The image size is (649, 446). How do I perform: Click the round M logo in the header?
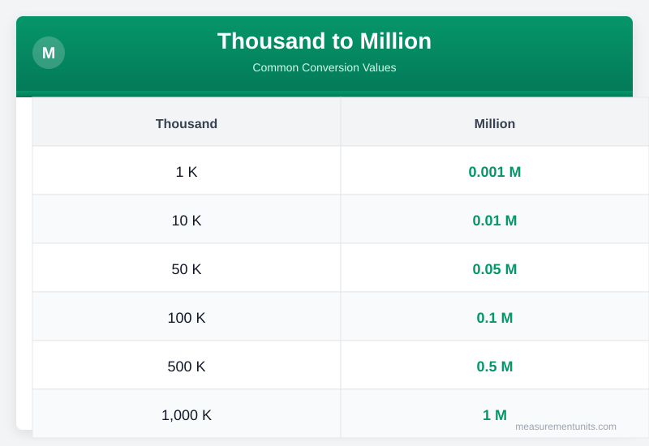pyautogui.click(x=49, y=53)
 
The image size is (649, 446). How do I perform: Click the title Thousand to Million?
pyautogui.click(x=324, y=41)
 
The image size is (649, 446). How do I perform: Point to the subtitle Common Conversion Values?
pyautogui.click(x=324, y=67)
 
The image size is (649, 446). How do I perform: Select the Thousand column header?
pyautogui.click(x=187, y=123)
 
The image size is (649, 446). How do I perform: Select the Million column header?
pyautogui.click(x=495, y=123)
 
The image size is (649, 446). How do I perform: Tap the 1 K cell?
pyautogui.click(x=187, y=172)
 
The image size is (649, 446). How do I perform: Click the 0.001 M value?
pyautogui.click(x=495, y=172)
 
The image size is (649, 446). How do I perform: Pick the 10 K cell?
pyautogui.click(x=187, y=221)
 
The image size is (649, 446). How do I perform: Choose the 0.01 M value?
pyautogui.click(x=495, y=221)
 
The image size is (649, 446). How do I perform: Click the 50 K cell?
pyautogui.click(x=187, y=269)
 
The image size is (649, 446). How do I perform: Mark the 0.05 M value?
pyautogui.click(x=495, y=269)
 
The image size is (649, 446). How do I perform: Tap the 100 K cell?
pyautogui.click(x=187, y=318)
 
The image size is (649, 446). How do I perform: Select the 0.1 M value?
pyautogui.click(x=495, y=318)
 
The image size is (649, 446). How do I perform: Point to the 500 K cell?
pyautogui.click(x=187, y=367)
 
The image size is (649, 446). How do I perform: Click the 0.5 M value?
pyautogui.click(x=495, y=367)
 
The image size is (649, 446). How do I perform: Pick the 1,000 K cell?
pyautogui.click(x=187, y=415)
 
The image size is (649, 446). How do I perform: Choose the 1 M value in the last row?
pyautogui.click(x=495, y=415)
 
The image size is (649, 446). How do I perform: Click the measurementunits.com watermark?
pyautogui.click(x=565, y=427)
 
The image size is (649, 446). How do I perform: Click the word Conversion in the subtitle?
pyautogui.click(x=327, y=67)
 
